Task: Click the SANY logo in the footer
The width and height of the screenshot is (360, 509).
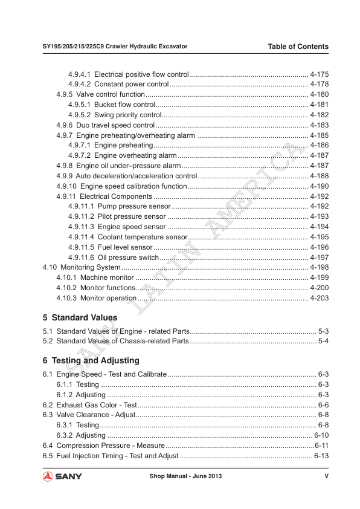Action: [x=62, y=476]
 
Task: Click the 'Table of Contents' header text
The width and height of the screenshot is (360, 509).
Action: [x=298, y=47]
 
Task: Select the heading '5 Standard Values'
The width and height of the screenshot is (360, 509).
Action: [x=80, y=317]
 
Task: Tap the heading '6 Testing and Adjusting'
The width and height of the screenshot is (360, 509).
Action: [x=91, y=360]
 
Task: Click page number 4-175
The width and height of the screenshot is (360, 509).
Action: [x=319, y=74]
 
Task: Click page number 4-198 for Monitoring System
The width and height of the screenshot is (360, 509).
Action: [x=319, y=267]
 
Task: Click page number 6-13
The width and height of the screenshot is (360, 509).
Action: [x=321, y=456]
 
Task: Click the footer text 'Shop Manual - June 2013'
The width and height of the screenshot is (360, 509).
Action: [x=185, y=476]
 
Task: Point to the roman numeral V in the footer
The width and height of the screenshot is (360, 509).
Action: [x=326, y=476]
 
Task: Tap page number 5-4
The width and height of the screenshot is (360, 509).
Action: [x=323, y=342]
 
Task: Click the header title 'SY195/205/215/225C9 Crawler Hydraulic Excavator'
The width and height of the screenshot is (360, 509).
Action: [x=115, y=47]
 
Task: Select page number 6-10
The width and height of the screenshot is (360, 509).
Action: [x=321, y=435]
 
